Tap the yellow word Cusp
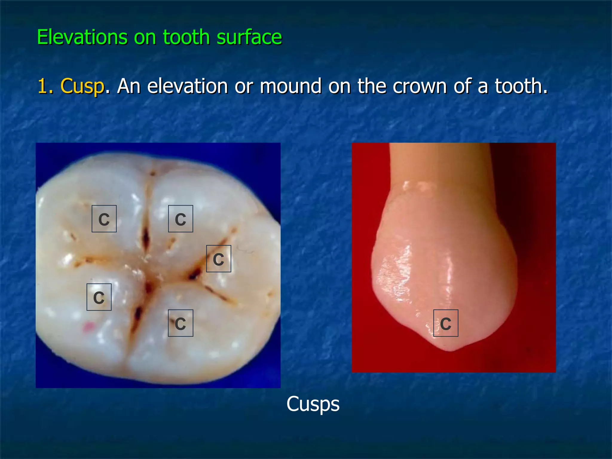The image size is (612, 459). (82, 86)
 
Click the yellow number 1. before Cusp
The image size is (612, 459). (45, 86)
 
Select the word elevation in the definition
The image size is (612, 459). (188, 86)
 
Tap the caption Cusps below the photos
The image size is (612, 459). (313, 404)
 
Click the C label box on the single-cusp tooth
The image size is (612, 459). (446, 323)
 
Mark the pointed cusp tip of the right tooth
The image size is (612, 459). (451, 349)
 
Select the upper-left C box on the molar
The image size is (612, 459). (104, 219)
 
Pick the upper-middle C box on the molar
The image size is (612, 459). (180, 219)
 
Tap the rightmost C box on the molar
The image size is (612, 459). (218, 259)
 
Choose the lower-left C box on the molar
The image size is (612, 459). (99, 297)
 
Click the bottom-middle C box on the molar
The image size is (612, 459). (180, 323)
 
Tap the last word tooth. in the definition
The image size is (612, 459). (521, 86)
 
